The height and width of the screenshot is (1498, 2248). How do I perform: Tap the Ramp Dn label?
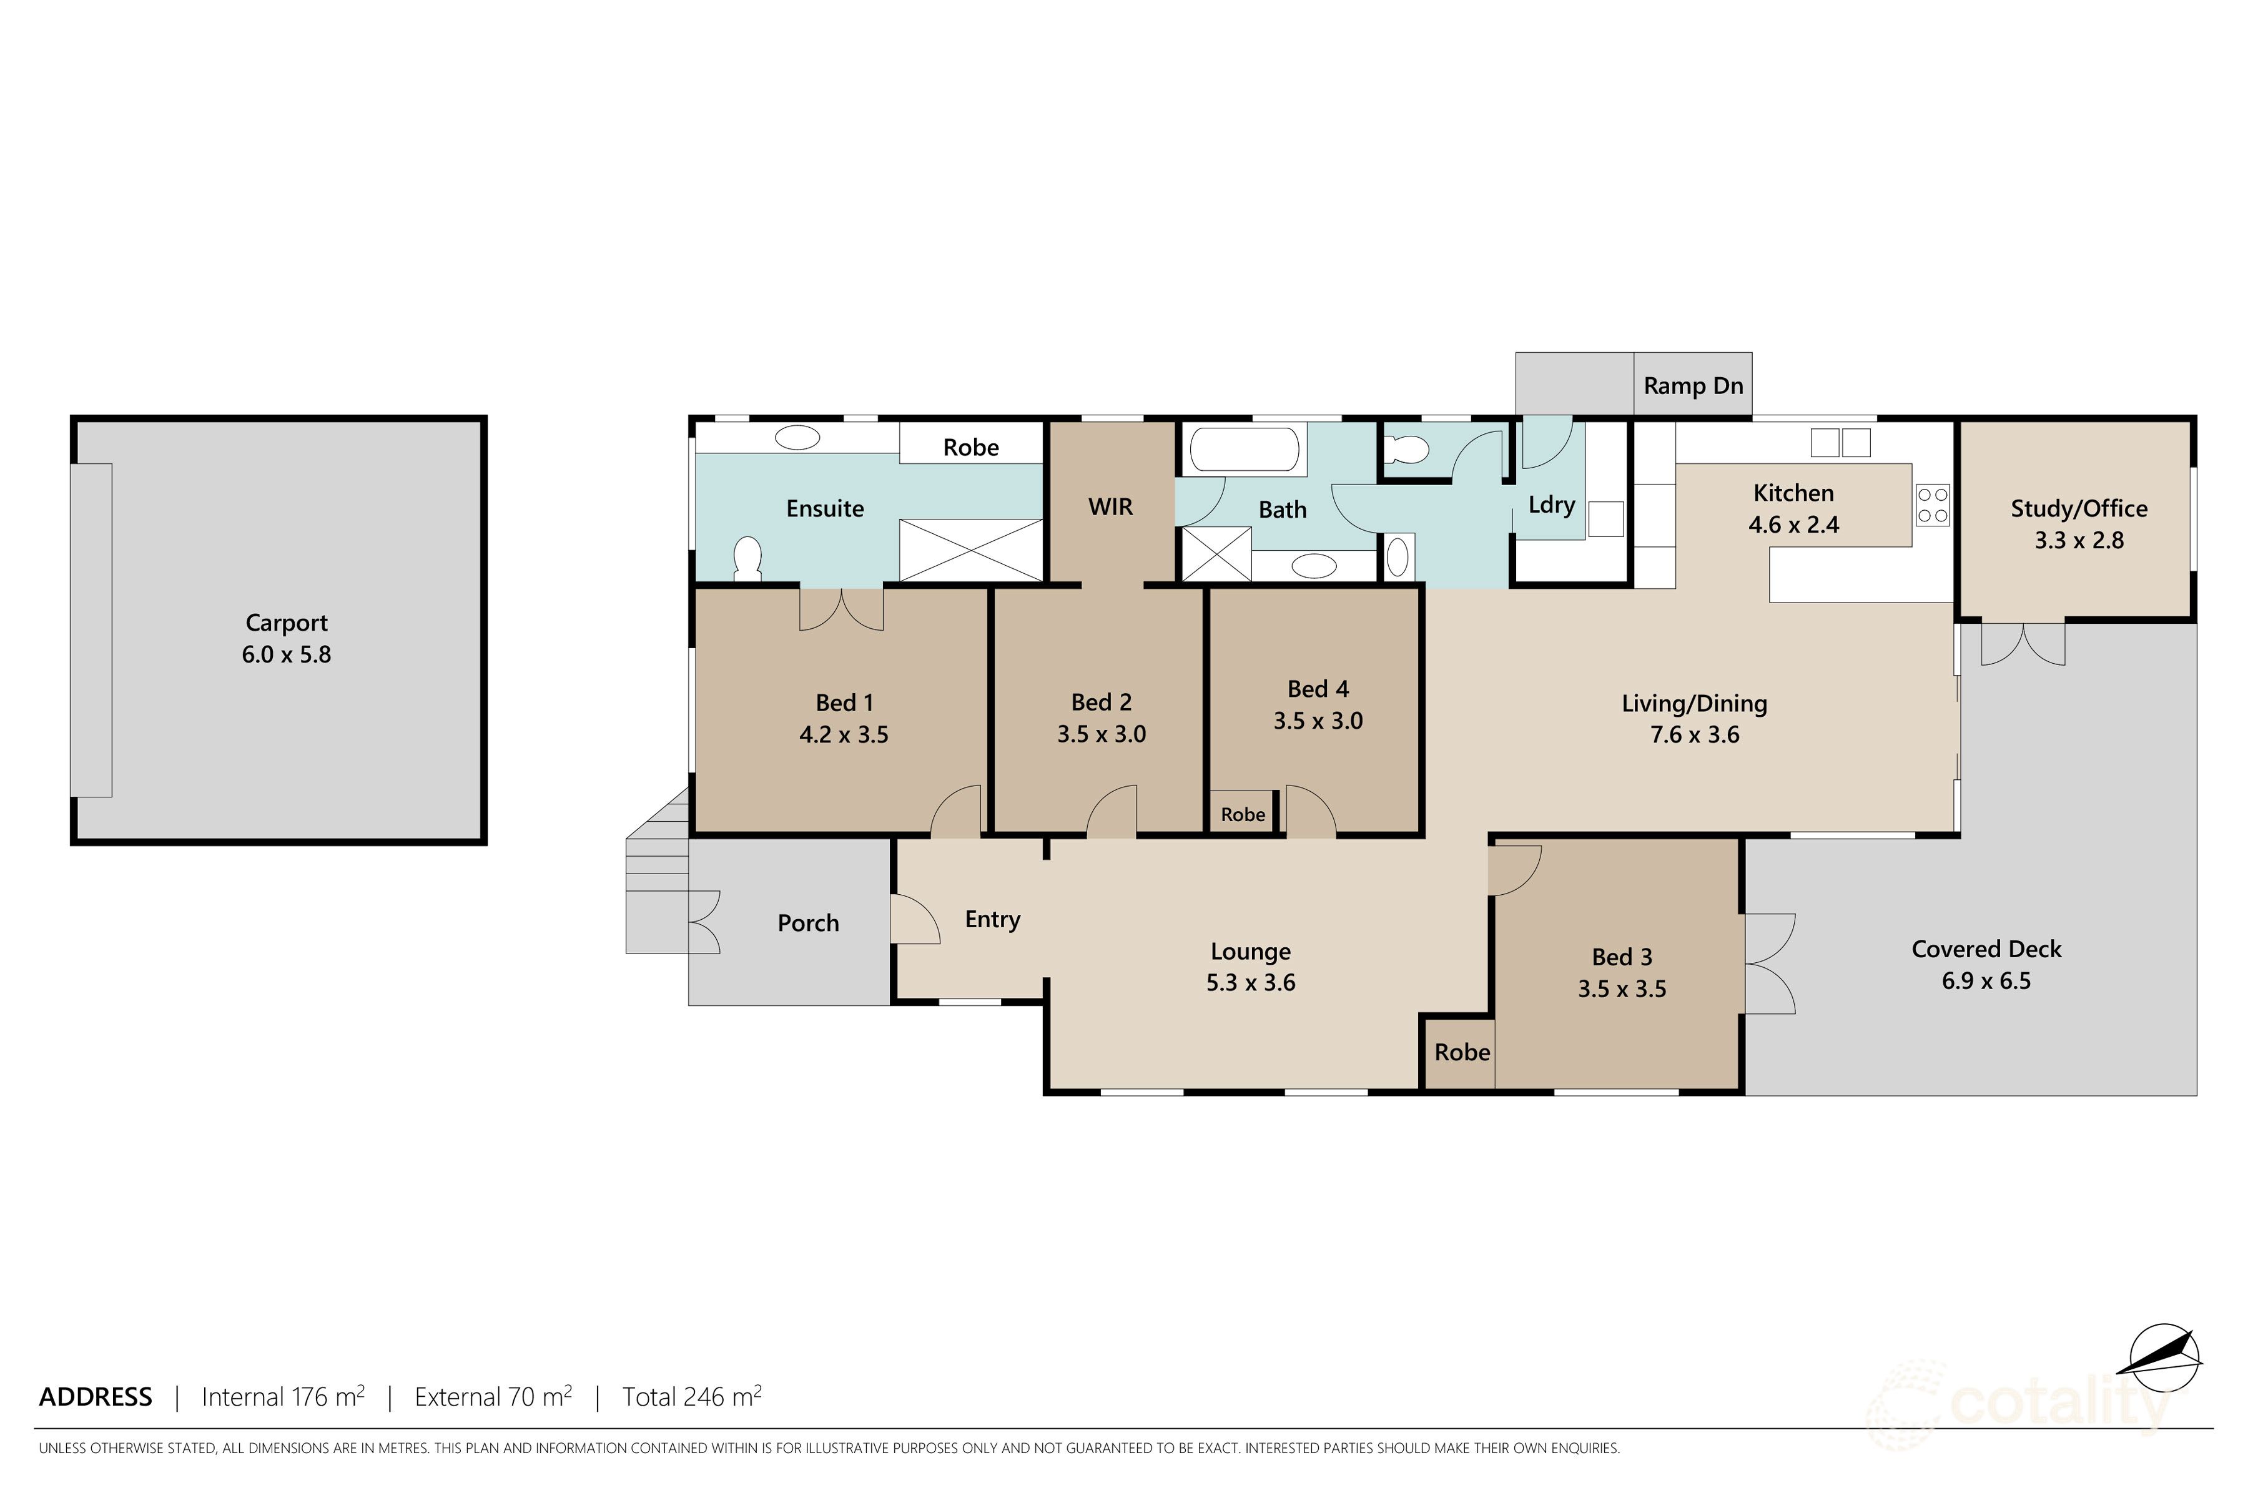point(1692,386)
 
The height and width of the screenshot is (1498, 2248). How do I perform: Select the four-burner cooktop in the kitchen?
point(1932,505)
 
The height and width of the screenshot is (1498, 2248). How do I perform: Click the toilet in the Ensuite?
point(746,559)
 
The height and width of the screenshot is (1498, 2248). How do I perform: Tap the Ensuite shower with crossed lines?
point(970,549)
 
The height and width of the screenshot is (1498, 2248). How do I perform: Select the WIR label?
point(1110,507)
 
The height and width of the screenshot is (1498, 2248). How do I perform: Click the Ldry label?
point(1550,505)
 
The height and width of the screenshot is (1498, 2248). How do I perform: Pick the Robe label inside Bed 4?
point(1242,815)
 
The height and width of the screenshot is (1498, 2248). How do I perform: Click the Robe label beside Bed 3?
point(1462,1053)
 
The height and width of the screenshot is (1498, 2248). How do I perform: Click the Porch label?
point(807,923)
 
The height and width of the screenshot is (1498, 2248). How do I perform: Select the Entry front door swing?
point(914,920)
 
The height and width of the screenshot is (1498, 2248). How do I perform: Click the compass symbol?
point(2165,1358)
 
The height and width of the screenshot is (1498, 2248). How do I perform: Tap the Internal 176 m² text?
point(283,1397)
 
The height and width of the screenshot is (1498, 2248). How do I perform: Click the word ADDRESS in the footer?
point(96,1397)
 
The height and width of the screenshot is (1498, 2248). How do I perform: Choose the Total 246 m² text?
point(692,1397)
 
